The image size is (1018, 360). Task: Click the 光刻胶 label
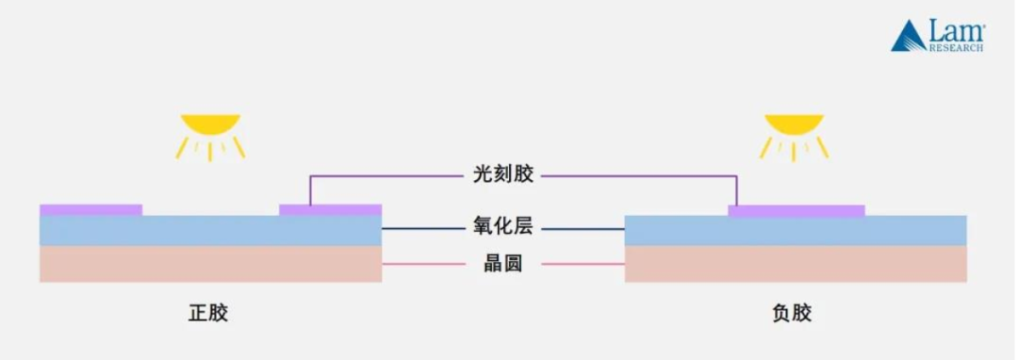point(496,175)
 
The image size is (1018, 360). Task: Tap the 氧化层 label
point(496,228)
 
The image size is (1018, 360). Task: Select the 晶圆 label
point(496,264)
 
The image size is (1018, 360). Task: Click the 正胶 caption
point(208,313)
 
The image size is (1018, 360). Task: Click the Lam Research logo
point(938,36)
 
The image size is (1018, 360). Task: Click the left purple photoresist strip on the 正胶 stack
point(90,209)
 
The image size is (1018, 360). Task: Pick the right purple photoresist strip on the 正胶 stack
point(331,209)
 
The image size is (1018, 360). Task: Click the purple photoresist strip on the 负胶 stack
point(796,210)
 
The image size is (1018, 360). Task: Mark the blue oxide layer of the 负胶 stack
point(796,231)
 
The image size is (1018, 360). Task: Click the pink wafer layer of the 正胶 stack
point(210,264)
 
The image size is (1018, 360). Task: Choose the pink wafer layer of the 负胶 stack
point(796,264)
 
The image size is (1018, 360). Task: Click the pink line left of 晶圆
point(424,264)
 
